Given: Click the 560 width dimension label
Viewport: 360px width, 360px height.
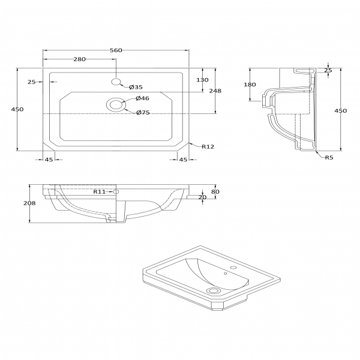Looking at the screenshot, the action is [x=116, y=50].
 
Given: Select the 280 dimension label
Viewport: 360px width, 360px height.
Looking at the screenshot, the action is [x=79, y=59].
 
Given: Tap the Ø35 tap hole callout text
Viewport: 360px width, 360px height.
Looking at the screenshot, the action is [x=136, y=87].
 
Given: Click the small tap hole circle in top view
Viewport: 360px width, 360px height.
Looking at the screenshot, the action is [x=116, y=81].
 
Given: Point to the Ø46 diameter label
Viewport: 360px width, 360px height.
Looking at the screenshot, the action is [x=142, y=98].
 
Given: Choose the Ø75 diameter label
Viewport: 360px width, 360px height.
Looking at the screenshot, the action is [x=143, y=113].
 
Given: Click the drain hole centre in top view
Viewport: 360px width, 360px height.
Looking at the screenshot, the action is [x=116, y=104].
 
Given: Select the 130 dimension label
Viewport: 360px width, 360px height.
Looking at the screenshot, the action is [x=203, y=80].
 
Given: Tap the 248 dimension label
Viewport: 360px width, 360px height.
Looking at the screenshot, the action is [x=215, y=91].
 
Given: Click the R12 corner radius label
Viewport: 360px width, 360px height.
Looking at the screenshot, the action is [x=208, y=147].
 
